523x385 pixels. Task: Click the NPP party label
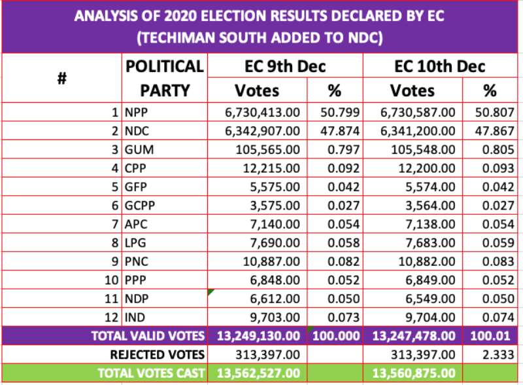[136, 113]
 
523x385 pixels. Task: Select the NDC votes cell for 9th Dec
[263, 131]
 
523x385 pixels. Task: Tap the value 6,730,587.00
[418, 113]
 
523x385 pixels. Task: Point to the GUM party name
[139, 150]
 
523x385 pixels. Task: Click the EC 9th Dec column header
[285, 66]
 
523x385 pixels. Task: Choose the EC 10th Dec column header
[440, 66]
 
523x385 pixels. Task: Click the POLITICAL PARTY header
[165, 78]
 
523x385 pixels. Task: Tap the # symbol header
[62, 79]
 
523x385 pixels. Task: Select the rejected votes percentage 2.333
[498, 355]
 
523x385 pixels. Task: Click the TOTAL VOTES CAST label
[151, 373]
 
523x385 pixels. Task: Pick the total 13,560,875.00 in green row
[414, 373]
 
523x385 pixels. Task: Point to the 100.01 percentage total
[490, 336]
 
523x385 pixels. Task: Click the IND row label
[135, 318]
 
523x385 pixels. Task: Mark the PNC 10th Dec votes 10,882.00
[427, 261]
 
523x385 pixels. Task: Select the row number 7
[115, 224]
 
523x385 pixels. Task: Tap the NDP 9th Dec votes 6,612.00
[275, 299]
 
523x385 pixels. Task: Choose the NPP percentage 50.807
[495, 113]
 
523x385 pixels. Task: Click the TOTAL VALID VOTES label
[148, 336]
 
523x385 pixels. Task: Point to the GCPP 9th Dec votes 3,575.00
[275, 205]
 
